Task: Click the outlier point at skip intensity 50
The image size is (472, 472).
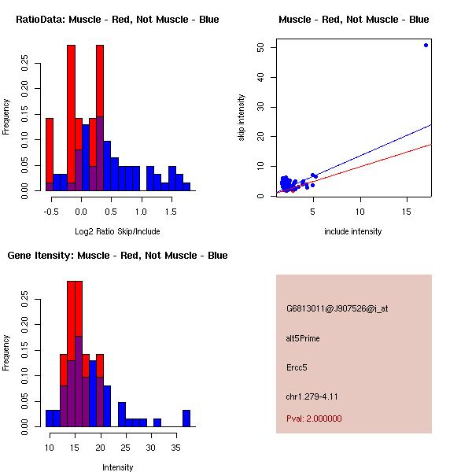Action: [426, 45]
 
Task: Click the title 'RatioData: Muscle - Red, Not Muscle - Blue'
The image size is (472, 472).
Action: [117, 20]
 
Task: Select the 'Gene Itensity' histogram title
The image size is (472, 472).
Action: [117, 256]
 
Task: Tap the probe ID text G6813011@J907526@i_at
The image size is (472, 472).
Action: [337, 308]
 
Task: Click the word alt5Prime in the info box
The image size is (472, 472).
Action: [303, 338]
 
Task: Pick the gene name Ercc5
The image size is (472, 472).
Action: [297, 367]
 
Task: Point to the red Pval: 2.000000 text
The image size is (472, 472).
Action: [314, 419]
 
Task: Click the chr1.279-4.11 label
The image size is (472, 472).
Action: [312, 396]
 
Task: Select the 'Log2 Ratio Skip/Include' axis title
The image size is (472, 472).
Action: [117, 231]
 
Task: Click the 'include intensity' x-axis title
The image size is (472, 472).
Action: [353, 231]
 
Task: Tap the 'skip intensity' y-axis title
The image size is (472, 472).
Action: [242, 118]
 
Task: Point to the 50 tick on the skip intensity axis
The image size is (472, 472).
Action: [260, 47]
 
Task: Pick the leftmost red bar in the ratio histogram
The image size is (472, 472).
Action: [50, 154]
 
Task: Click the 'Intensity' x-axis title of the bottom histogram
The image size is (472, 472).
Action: [117, 467]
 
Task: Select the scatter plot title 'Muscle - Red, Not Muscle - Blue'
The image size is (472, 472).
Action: [353, 20]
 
